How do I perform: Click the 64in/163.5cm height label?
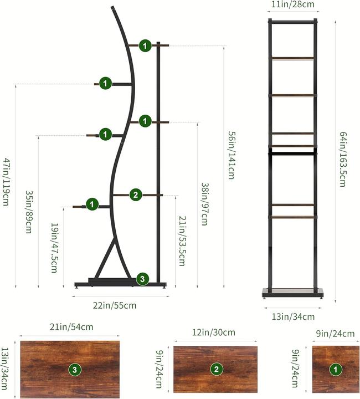pos(343,159)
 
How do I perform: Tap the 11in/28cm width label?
pos(292,4)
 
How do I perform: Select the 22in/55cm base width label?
pos(115,305)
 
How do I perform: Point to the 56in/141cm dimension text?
pos(231,155)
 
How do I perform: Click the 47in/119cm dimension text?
pos(6,182)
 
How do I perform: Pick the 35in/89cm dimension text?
pos(28,212)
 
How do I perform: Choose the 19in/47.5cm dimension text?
pos(54,248)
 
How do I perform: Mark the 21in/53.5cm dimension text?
pos(182,241)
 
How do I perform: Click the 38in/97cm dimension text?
pos(205,204)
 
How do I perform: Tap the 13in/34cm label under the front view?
pos(293,316)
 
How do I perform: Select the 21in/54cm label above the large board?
pos(71,327)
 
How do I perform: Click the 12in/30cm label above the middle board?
pos(214,332)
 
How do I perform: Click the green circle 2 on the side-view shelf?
pos(136,195)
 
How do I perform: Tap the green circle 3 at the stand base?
pos(142,279)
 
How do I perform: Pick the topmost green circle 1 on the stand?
pos(145,46)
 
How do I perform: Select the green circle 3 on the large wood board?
pos(75,370)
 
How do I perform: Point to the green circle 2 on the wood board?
pos(217,369)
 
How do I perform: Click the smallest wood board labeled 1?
pos(336,369)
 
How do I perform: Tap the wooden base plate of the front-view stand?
pos(293,292)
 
